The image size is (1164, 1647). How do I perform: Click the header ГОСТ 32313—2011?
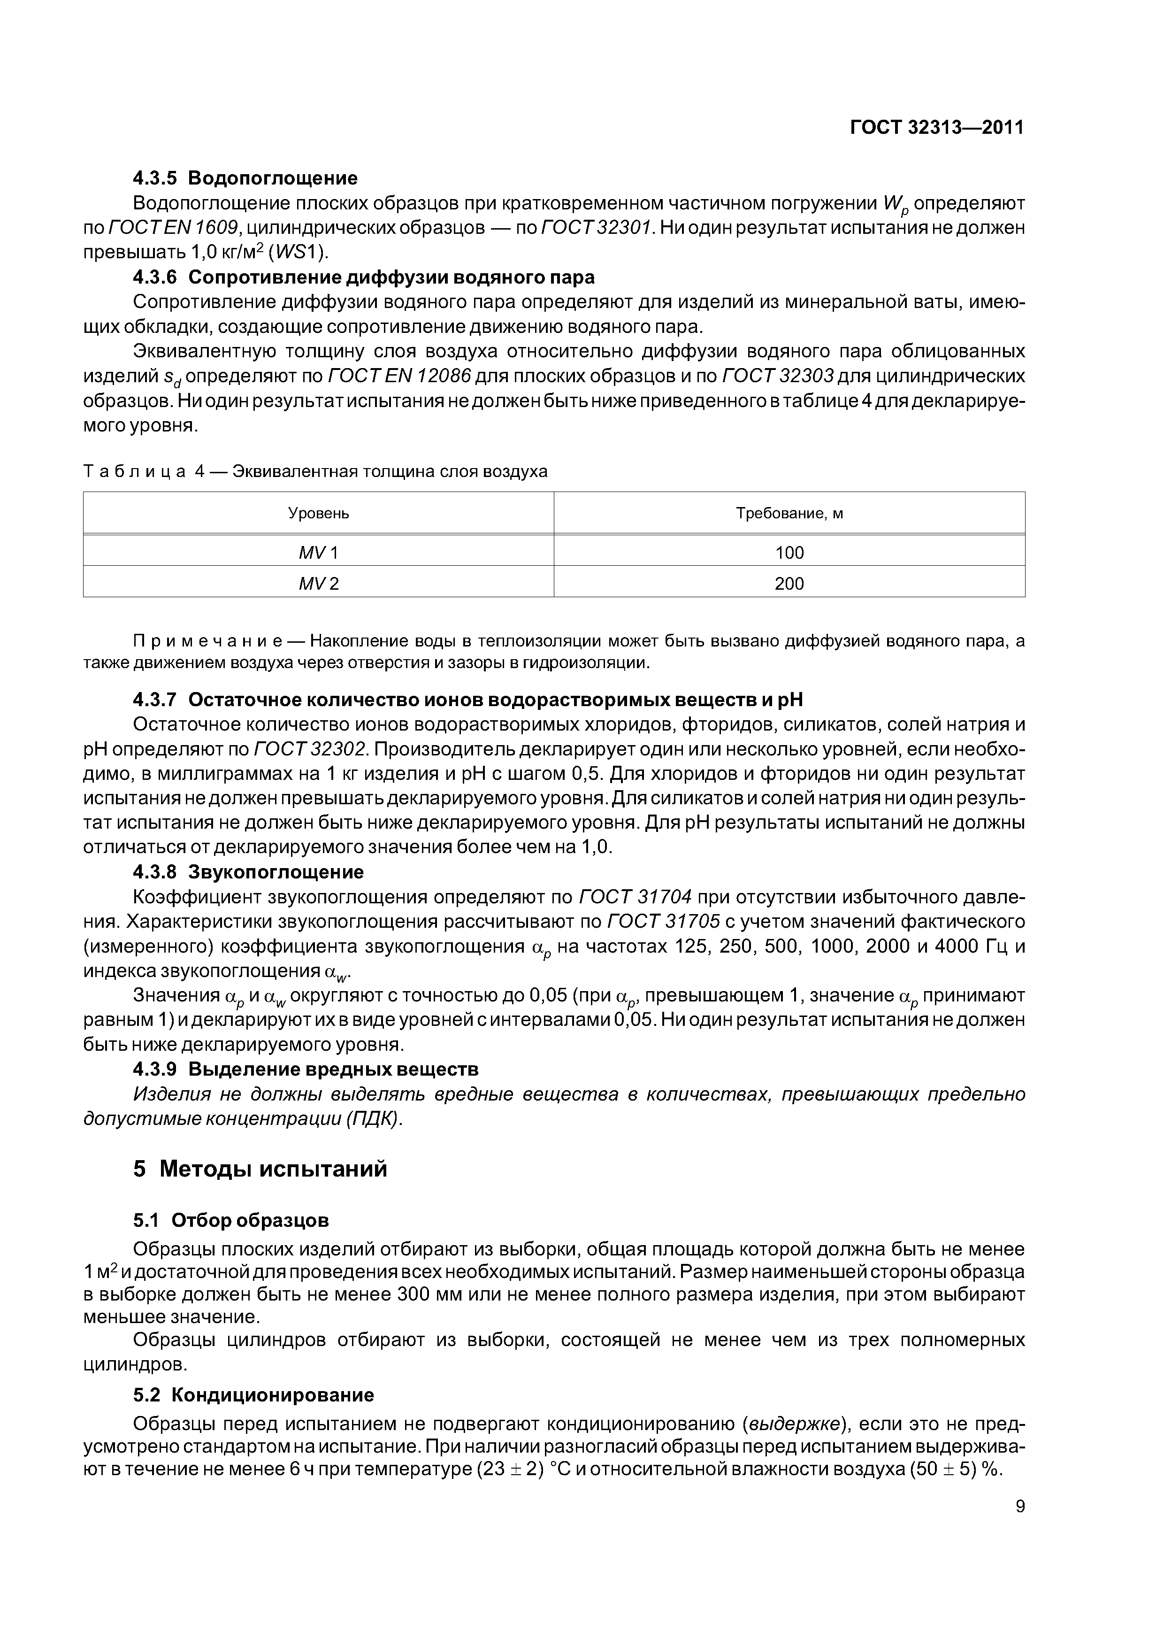(937, 128)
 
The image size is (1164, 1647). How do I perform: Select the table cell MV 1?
(318, 552)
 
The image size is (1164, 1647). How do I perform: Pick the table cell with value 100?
(789, 552)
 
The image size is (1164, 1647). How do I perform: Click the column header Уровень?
(318, 514)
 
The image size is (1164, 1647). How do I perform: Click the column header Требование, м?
(789, 514)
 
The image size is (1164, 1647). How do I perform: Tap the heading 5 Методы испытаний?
(260, 1169)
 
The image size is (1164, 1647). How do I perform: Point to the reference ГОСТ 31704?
(635, 897)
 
